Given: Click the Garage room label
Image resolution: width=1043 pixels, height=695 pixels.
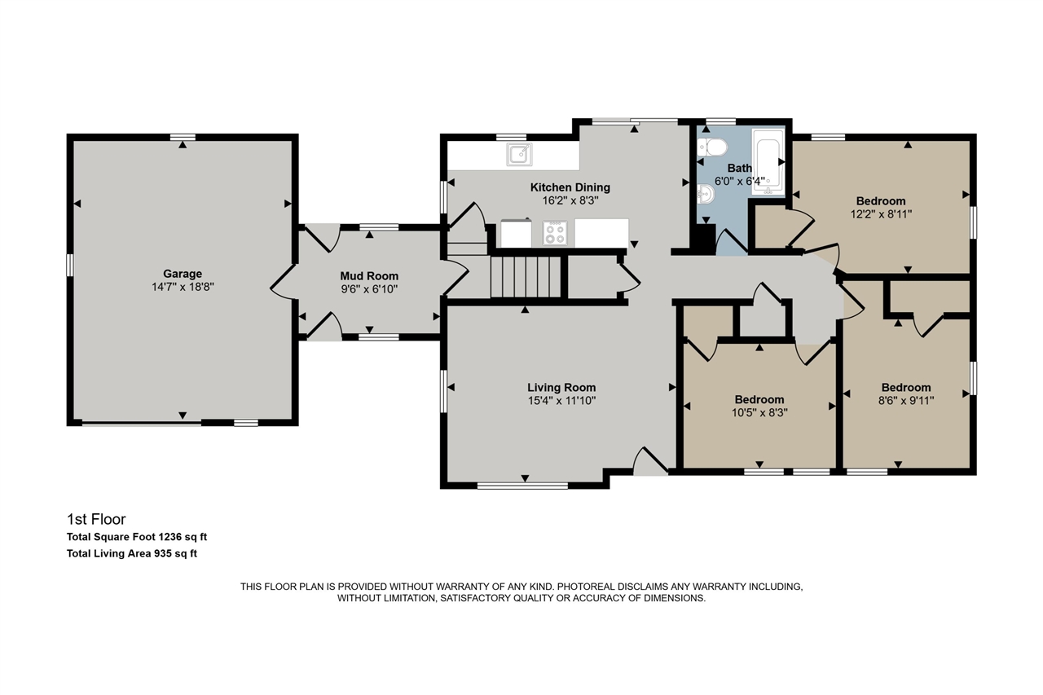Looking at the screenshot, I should point(182,274).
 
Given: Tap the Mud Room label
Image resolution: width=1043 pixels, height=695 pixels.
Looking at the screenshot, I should point(369,276).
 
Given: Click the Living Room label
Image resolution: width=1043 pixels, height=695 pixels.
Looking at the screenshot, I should point(561,387).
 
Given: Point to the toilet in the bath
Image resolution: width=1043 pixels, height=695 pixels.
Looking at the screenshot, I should point(713,147).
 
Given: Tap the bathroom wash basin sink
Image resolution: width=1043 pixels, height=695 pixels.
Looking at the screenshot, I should point(706,194).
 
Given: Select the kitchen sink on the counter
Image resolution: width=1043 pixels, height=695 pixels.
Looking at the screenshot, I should point(518,152).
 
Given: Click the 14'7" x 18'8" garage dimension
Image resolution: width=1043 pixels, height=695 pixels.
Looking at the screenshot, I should point(182,287).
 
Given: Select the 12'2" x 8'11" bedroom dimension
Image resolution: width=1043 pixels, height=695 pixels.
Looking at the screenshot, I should point(880,214).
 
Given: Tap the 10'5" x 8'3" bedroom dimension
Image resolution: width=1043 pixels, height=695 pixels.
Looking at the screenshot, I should point(759,412).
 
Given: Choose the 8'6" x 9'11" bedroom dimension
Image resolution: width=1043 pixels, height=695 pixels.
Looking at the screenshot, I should point(905,400).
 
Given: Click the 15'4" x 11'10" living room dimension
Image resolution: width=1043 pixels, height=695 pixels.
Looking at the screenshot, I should point(561,400).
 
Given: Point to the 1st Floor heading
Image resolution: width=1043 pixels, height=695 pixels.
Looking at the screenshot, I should point(96,519).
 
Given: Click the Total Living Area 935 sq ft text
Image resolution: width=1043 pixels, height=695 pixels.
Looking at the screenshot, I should point(132,554).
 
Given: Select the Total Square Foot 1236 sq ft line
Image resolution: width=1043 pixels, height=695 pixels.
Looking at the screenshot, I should point(137,537).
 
